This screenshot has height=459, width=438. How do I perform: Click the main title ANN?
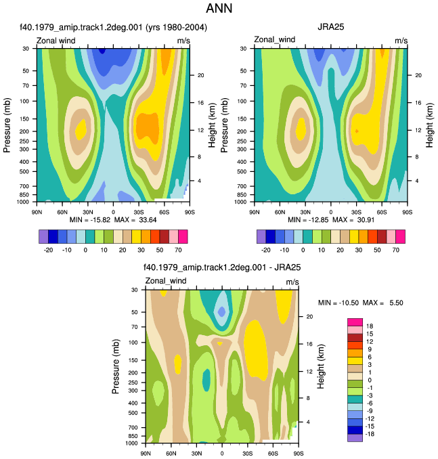point(219,8)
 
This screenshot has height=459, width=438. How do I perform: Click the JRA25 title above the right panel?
point(330,27)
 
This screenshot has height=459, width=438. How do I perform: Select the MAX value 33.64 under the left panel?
point(148,220)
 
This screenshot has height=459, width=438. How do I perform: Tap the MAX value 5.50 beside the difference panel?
point(396,303)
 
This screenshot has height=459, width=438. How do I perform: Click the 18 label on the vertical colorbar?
point(370,326)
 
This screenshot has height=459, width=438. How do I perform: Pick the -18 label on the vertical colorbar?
point(370,434)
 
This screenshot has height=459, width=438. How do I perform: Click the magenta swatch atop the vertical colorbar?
point(355,322)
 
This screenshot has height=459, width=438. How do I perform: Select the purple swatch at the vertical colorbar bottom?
point(355,438)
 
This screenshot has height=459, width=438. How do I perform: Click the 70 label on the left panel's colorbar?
point(178,250)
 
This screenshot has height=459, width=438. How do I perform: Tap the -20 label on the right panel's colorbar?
point(266,250)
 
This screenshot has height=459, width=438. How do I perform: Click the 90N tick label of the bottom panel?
point(146,454)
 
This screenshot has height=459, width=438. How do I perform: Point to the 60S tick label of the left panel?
point(165,212)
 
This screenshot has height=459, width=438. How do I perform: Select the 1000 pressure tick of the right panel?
point(240,202)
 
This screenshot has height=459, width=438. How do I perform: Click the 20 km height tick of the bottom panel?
point(309,316)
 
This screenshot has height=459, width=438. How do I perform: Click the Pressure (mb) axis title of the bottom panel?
point(116,366)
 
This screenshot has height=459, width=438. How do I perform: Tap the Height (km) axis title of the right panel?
point(429,125)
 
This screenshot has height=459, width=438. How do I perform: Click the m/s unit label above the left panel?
point(183,41)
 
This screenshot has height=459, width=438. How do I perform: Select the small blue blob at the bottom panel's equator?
point(221,311)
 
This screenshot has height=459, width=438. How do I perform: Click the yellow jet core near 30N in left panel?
point(81,130)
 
